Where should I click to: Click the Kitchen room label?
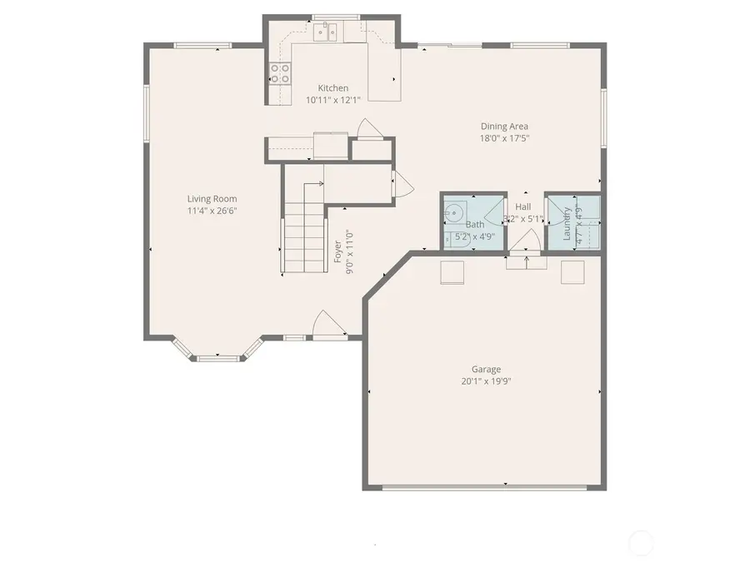coord(332,88)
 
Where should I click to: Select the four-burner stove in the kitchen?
coord(280,74)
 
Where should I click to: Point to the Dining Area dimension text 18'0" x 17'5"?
coord(504,139)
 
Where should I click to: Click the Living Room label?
coord(212,198)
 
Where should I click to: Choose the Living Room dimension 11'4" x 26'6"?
coord(212,211)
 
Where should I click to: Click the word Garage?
coord(486,369)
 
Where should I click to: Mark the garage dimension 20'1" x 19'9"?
coord(486,381)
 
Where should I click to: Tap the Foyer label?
coord(338,252)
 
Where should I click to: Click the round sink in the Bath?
coord(454,213)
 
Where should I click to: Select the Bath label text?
coord(475,225)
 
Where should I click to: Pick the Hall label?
coord(523,206)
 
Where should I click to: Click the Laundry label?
coord(567,225)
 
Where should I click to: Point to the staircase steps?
coord(303,241)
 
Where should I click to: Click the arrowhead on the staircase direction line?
coord(322,184)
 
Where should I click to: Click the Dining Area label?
coord(504,127)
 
